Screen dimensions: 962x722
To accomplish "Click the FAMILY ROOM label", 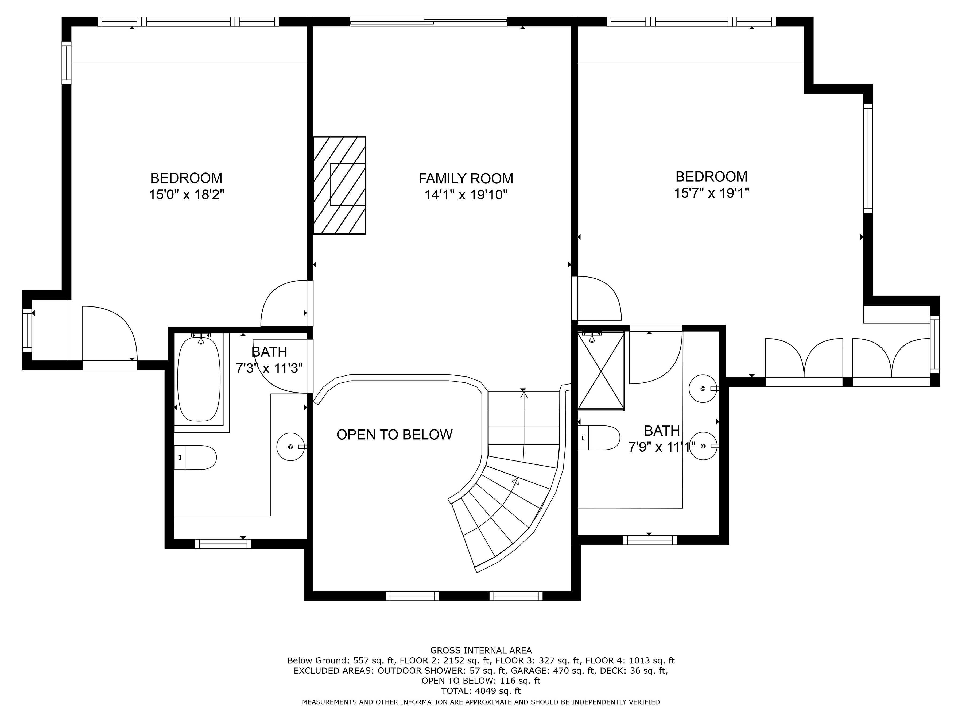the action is click(466, 178).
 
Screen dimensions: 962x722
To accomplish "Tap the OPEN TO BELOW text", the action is click(394, 434).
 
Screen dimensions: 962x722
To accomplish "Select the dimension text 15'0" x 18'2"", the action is click(187, 194).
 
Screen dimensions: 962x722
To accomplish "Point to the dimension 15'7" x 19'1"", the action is click(712, 193).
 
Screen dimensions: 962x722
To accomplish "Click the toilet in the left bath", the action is click(195, 457).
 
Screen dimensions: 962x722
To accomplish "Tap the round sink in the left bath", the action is click(291, 447).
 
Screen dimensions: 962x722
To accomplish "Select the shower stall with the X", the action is click(601, 371).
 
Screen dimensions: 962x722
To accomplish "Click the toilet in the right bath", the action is click(598, 438).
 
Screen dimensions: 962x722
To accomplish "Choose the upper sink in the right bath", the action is click(703, 388).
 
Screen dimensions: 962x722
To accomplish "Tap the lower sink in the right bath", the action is click(703, 446).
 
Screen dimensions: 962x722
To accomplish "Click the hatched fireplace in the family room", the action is click(340, 185).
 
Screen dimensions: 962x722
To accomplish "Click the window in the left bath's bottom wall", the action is click(223, 544).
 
